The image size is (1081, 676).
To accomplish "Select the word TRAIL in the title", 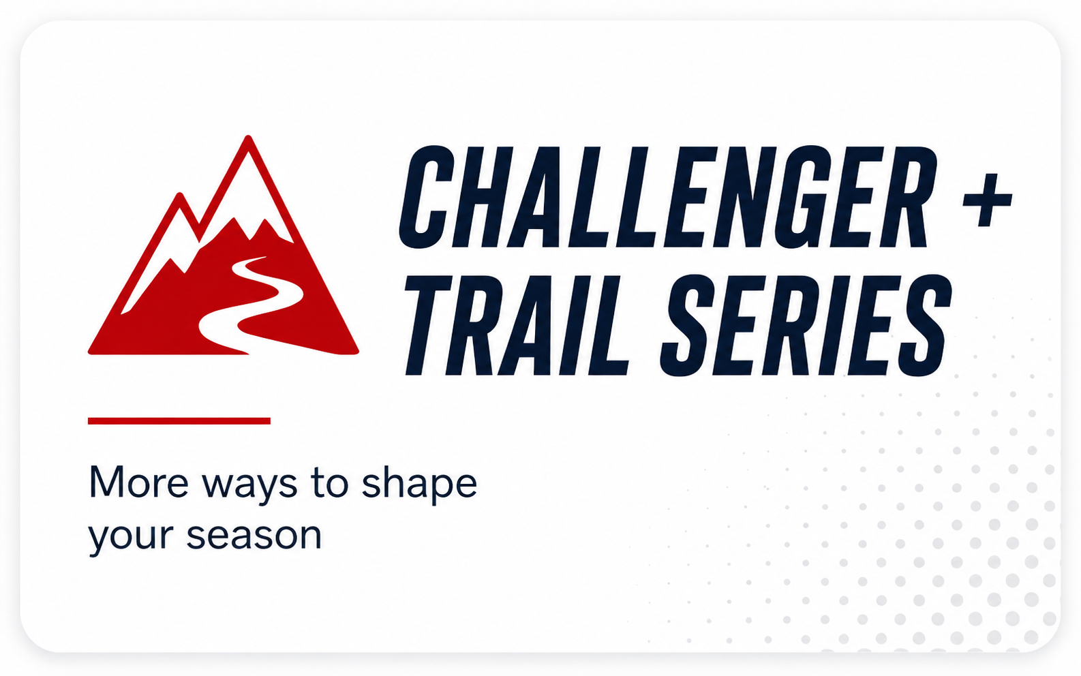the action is coord(517,325).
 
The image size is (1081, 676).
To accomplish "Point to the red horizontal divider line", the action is coord(179,420).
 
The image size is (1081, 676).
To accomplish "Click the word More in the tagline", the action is coord(138,482).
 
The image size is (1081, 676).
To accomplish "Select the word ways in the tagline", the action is coord(249,487).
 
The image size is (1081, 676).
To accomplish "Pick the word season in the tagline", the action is coord(254,536).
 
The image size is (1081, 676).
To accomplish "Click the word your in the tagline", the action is coord(131,538).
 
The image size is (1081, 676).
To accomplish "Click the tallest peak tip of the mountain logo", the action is coord(248,137).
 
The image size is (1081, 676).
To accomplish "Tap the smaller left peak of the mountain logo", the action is coord(180,195).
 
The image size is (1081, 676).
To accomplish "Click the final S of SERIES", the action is coord(923,325).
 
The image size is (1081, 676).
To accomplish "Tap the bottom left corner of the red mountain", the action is coord(90,352).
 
